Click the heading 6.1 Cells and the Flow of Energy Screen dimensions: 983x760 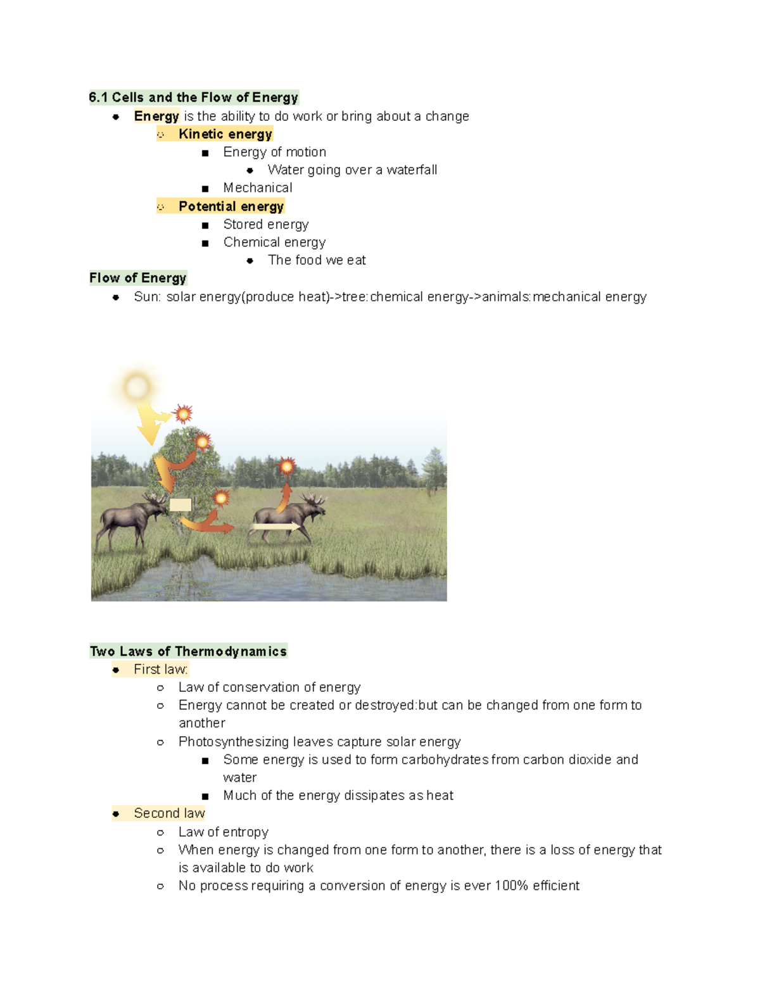point(193,97)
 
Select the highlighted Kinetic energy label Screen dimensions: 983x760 point(225,134)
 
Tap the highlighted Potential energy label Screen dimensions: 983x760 point(231,206)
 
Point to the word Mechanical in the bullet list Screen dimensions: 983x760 point(258,188)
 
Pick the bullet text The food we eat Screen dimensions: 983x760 point(317,260)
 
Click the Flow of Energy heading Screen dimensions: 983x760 point(138,278)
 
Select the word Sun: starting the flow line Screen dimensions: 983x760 point(147,297)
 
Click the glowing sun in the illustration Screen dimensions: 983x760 point(137,386)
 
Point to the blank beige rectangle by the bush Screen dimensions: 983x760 point(180,504)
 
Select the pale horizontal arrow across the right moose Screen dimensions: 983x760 point(276,527)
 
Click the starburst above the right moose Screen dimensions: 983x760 point(287,466)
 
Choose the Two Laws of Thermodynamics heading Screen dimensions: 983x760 point(188,651)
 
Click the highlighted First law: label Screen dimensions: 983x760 point(161,669)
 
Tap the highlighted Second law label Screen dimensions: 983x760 point(169,813)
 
